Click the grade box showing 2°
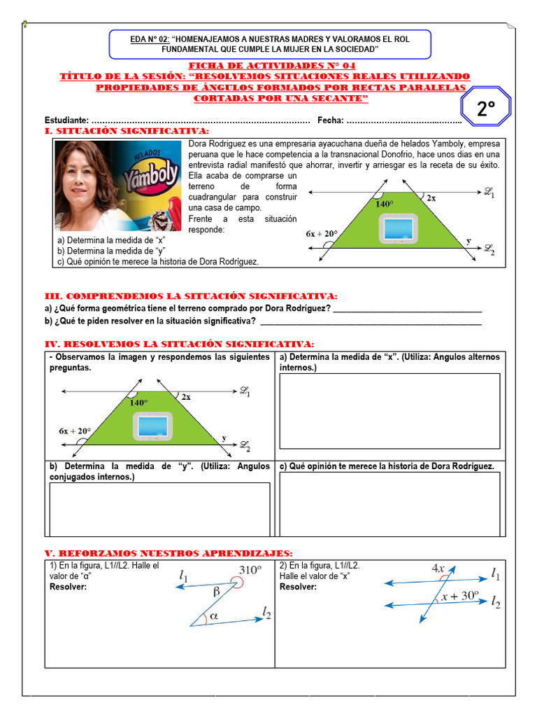485,109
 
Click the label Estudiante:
66,120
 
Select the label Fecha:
330,120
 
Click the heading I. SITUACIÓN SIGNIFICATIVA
126,131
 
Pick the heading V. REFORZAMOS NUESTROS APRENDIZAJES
169,552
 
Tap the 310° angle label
250,569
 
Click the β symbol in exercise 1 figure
216,591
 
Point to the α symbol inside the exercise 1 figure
213,616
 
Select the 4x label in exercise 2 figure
438,569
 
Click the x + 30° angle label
459,596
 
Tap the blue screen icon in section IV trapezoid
152,426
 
